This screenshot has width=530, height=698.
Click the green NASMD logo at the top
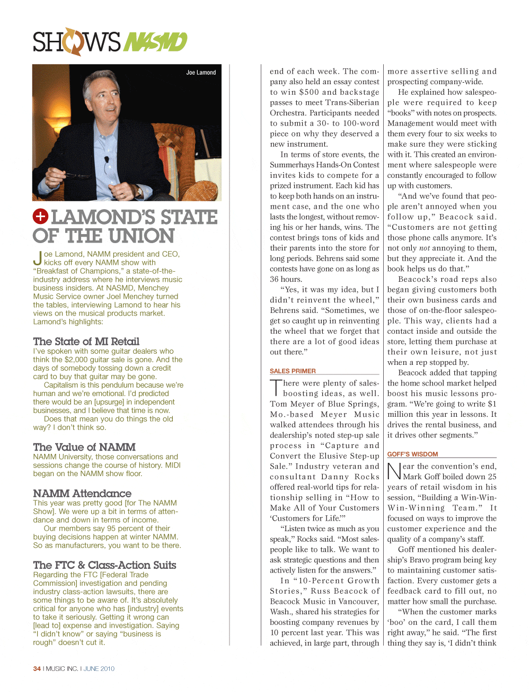[x=155, y=42]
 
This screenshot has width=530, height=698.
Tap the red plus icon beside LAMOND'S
[x=40, y=217]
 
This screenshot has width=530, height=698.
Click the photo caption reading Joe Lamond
[x=201, y=73]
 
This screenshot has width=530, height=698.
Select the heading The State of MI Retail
[x=86, y=342]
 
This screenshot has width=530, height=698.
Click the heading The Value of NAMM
[x=84, y=447]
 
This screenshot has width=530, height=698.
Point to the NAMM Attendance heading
[x=82, y=493]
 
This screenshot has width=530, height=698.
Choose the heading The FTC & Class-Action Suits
[x=104, y=565]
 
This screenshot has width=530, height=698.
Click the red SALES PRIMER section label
[x=293, y=371]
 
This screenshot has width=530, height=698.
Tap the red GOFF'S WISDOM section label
[x=412, y=454]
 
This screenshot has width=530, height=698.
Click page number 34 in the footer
[x=37, y=669]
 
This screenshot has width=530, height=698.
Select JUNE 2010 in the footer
[x=99, y=669]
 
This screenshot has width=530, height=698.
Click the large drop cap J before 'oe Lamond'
[x=37, y=258]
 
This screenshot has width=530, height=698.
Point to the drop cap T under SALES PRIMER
[x=276, y=388]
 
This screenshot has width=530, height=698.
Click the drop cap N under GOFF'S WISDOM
[x=394, y=471]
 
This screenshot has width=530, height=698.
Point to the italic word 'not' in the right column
[x=424, y=248]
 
